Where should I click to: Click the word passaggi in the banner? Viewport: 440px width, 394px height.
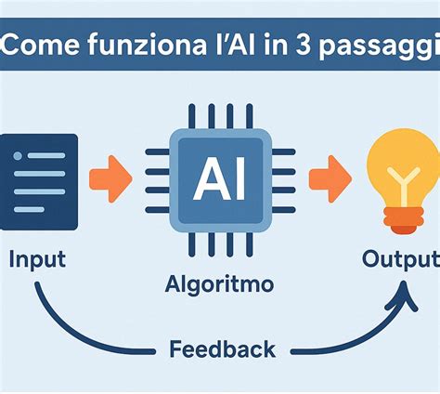click(380, 46)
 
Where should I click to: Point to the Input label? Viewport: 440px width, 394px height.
click(37, 260)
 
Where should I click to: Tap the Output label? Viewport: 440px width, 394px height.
click(401, 261)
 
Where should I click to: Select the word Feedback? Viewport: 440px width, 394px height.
click(223, 349)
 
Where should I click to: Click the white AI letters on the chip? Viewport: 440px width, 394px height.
click(219, 178)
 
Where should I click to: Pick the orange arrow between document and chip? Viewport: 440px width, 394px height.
click(110, 179)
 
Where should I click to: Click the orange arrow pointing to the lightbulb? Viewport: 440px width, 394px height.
click(330, 179)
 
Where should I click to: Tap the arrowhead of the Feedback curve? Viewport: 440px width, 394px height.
click(402, 295)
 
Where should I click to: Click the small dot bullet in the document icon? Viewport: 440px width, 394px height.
click(18, 155)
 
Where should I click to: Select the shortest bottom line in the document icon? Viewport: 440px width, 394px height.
click(29, 210)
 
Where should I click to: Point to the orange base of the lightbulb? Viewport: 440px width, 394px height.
click(404, 220)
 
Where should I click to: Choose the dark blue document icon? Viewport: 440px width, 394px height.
click(39, 182)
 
